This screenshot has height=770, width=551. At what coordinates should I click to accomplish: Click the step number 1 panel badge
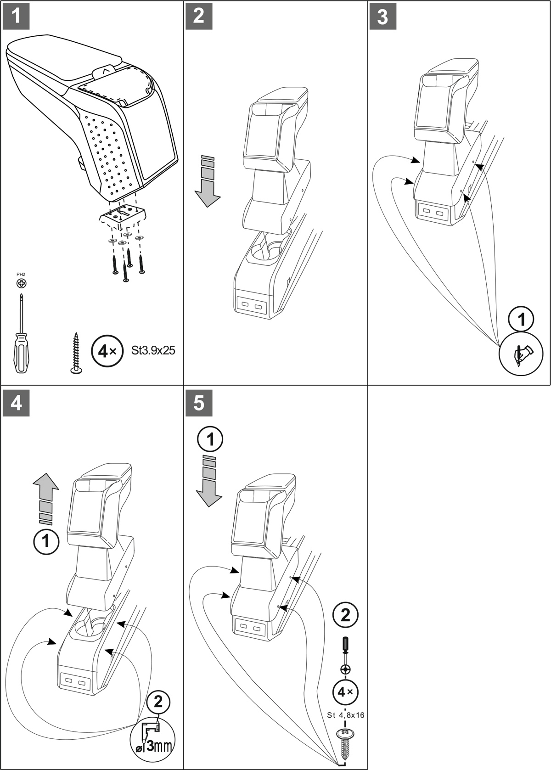click(x=16, y=16)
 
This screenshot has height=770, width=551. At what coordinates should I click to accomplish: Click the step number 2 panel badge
click(x=199, y=16)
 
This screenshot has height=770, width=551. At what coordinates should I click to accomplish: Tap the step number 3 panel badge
click(x=382, y=17)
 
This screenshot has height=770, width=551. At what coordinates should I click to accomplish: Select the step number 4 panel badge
click(x=16, y=403)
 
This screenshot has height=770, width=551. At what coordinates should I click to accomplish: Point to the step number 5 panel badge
click(x=199, y=403)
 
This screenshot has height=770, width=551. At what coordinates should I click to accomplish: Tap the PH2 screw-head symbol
click(x=21, y=283)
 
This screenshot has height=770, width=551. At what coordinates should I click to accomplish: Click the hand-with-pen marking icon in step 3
click(x=521, y=354)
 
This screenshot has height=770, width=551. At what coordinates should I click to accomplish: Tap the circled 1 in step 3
click(x=521, y=319)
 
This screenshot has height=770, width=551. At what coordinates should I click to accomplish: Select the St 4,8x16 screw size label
click(x=346, y=715)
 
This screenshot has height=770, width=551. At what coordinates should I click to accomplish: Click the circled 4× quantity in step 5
click(x=345, y=691)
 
